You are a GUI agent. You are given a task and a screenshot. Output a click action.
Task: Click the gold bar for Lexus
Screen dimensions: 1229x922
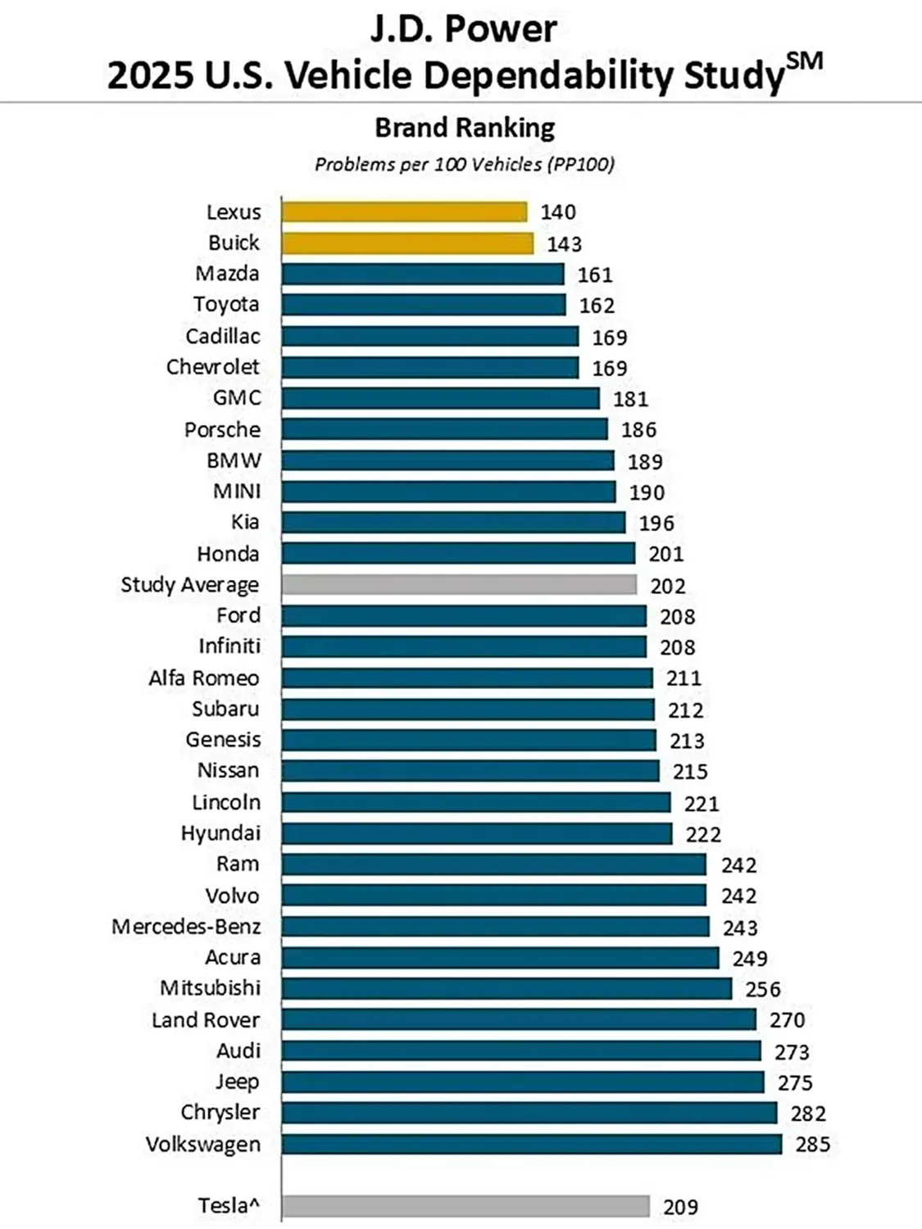pos(404,212)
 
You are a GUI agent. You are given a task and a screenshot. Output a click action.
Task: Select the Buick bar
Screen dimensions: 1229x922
pos(407,243)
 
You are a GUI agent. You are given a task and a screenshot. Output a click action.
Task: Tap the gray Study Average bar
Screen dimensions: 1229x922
pos(459,584)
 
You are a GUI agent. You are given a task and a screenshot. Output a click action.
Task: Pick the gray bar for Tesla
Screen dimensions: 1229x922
pos(466,1206)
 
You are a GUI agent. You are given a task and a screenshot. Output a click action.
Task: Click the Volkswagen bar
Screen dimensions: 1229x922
pos(532,1144)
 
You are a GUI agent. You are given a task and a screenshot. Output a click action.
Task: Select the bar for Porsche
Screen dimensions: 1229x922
pos(444,429)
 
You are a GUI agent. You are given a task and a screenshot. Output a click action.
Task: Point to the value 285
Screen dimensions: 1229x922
pos(812,1144)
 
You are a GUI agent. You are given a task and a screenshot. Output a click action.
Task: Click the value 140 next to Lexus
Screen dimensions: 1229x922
pos(558,212)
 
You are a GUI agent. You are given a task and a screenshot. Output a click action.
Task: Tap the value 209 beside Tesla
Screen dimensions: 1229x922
pos(680,1207)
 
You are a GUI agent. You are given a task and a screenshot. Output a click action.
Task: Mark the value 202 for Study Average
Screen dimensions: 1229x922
pos(668,586)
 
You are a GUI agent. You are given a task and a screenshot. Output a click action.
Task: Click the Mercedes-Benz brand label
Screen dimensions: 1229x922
pos(186,927)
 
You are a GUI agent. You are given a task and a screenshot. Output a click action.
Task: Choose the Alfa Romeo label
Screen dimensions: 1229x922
pos(203,678)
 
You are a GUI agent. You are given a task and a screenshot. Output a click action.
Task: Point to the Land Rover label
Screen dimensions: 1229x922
pos(206,1020)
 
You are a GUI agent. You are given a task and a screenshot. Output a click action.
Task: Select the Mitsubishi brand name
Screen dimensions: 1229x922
pos(210,988)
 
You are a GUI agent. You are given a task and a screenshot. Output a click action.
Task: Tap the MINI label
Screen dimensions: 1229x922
pos(237,492)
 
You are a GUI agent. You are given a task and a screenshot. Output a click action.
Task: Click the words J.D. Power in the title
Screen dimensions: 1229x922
pos(464,29)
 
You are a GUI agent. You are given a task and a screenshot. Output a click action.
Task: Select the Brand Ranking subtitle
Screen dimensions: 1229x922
pos(465,128)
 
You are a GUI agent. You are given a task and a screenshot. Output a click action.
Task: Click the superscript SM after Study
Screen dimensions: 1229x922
pos(804,61)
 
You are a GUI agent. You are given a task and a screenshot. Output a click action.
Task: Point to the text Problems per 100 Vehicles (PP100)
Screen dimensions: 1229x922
pos(465,165)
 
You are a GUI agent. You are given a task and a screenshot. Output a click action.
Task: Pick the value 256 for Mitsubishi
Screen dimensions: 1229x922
pos(763,989)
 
